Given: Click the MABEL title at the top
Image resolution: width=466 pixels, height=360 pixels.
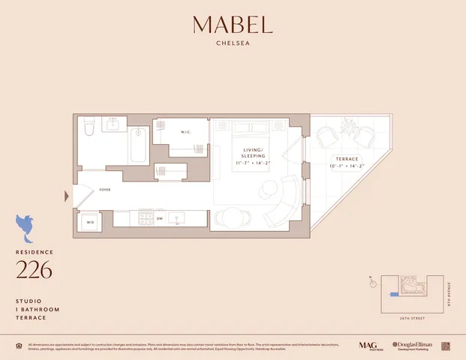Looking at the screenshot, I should pos(233,25).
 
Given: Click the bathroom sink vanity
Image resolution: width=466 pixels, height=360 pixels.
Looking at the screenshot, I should pos(114,124).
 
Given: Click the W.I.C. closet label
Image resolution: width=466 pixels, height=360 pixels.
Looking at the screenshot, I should pos(187,133).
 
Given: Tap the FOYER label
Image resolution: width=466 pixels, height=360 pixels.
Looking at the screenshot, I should pos(104,190).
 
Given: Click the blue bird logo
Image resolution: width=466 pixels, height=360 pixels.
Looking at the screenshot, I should pos(27,225).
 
